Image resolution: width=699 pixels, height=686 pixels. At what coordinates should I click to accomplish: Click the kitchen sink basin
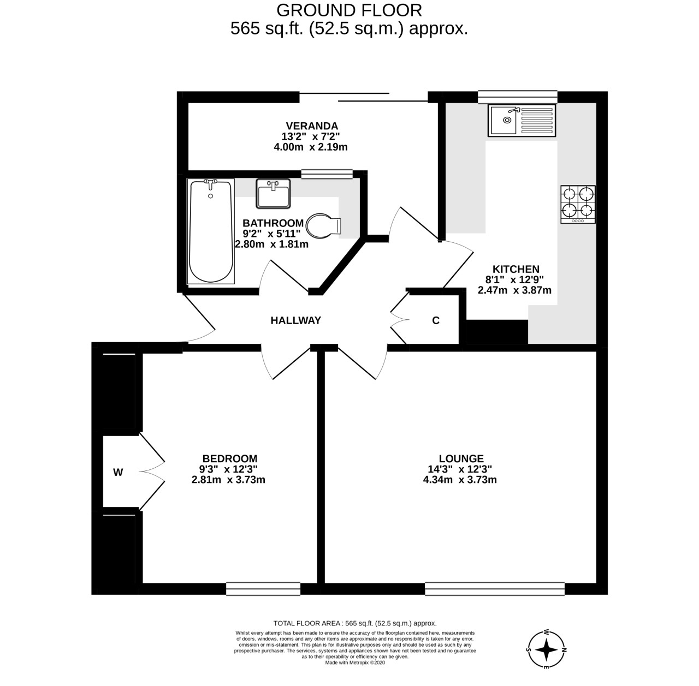[x=502, y=120]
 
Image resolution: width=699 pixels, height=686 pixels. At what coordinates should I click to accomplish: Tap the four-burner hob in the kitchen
[x=578, y=204]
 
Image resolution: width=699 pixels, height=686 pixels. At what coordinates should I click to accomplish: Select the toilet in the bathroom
[x=323, y=225]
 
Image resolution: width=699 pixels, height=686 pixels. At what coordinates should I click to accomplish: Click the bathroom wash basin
[x=273, y=193]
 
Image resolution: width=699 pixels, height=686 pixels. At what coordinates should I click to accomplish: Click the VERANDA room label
[x=312, y=126]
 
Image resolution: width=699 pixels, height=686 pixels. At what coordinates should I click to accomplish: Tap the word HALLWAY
[x=295, y=320]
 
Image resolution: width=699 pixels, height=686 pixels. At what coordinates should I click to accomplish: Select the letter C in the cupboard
[x=436, y=320]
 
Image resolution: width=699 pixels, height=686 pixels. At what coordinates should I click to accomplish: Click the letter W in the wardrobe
[x=118, y=473]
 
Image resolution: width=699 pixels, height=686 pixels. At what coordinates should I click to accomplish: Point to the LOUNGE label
[x=461, y=458]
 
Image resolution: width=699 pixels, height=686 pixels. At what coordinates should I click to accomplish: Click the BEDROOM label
[x=229, y=458]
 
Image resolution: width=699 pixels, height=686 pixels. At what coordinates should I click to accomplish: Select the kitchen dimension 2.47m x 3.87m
[x=514, y=290]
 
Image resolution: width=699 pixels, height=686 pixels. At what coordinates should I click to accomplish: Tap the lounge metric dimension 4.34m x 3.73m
[x=460, y=480]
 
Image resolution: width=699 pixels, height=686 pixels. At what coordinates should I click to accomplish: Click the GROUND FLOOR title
[x=349, y=10]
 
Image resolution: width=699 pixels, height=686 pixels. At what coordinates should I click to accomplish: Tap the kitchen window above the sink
[x=517, y=97]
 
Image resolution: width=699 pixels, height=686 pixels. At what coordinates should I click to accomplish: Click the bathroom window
[x=327, y=174]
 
